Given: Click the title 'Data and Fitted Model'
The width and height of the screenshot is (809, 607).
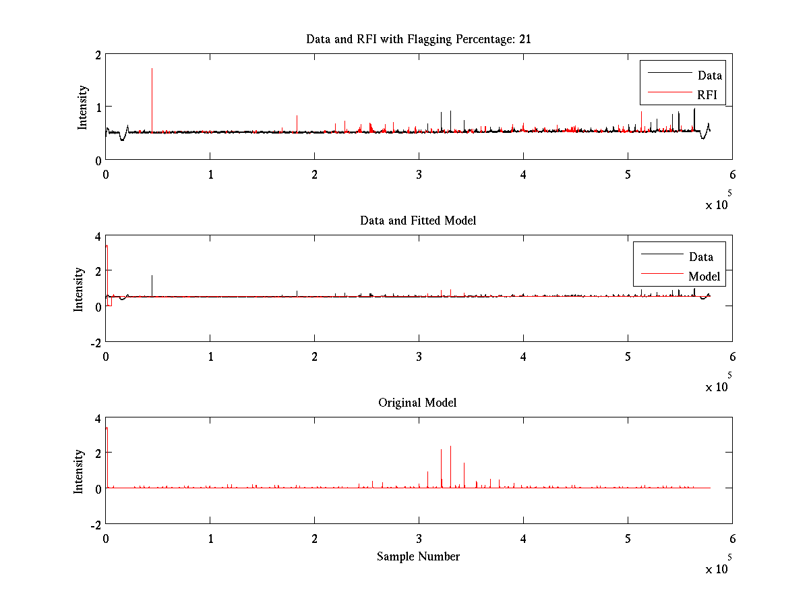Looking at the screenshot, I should [x=418, y=221].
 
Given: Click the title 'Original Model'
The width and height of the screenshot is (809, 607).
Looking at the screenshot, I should [x=417, y=403].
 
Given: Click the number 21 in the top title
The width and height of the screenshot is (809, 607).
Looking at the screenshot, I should [x=525, y=39].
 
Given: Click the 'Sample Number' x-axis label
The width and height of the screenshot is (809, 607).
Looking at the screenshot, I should [x=418, y=556].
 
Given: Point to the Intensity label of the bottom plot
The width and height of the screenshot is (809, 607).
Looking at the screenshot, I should [x=80, y=471].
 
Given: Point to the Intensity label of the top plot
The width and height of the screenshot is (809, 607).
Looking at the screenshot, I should [x=82, y=107].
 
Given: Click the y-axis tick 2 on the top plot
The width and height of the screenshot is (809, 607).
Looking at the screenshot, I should [x=98, y=55].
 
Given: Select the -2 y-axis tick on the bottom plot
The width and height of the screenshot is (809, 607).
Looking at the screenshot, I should [x=95, y=524].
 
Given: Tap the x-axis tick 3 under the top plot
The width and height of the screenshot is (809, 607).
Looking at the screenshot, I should [x=419, y=174].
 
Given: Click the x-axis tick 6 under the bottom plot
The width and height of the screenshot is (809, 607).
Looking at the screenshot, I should [x=732, y=538].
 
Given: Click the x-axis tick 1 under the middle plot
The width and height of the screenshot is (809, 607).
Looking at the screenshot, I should [x=210, y=356].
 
